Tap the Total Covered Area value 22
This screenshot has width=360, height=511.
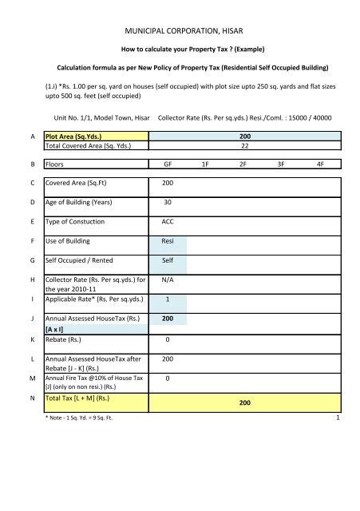245,147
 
